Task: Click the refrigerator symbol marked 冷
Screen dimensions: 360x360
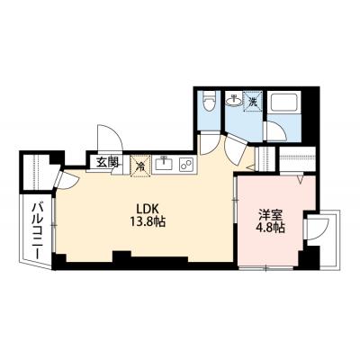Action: tap(141, 166)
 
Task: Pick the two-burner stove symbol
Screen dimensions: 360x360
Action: tap(186, 165)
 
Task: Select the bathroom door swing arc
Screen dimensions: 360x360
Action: tap(271, 131)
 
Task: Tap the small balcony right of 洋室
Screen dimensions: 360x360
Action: tap(319, 236)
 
